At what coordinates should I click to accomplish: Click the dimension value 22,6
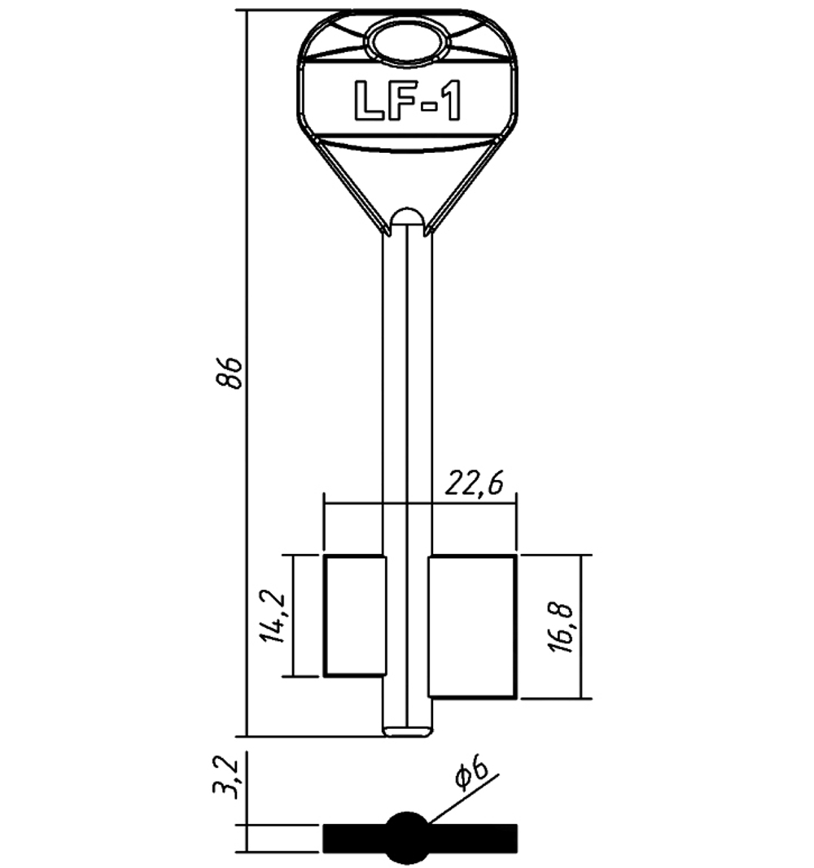click(x=472, y=484)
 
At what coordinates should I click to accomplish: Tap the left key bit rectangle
click(x=354, y=616)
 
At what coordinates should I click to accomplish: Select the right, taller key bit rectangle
click(x=472, y=626)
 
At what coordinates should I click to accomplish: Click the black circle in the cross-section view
click(x=407, y=838)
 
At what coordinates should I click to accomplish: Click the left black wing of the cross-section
click(x=354, y=838)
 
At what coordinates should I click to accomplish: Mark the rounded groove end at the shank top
click(x=407, y=216)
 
